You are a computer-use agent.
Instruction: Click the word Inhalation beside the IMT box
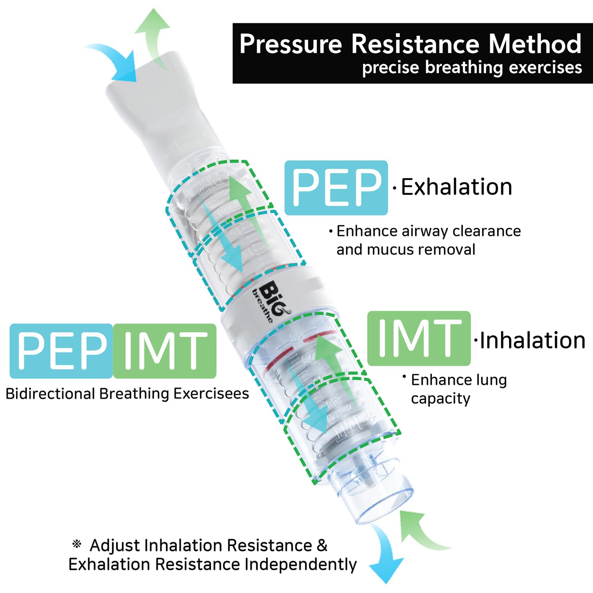(x=533, y=340)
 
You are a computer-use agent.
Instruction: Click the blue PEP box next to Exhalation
(x=336, y=188)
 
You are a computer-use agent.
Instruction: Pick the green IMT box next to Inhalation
(x=419, y=339)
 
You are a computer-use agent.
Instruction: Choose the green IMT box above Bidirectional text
(x=165, y=351)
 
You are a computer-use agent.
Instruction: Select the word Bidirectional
(x=50, y=394)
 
